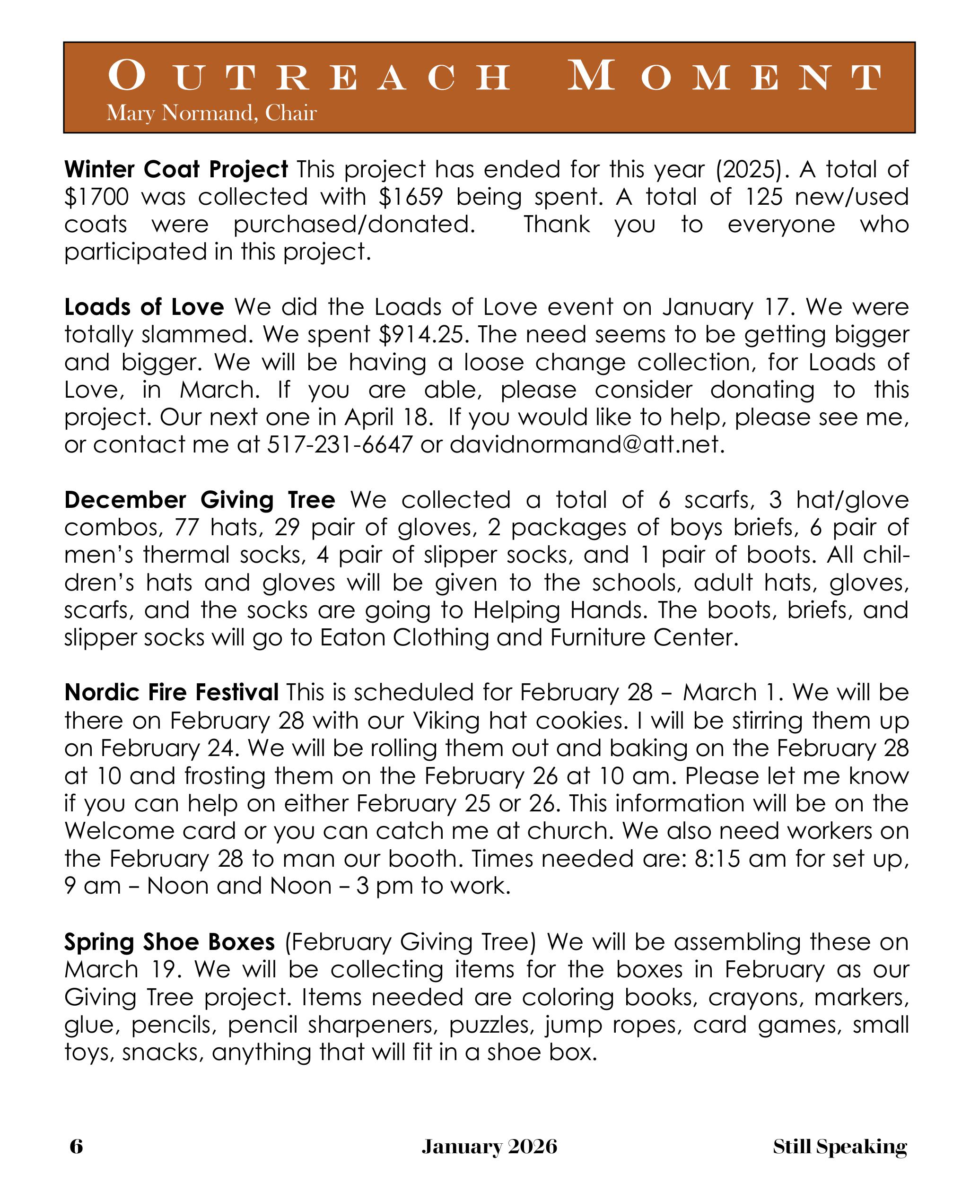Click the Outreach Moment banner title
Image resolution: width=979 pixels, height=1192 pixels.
[495, 76]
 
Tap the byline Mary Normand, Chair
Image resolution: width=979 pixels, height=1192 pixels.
[211, 113]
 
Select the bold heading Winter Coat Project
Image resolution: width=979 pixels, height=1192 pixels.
[176, 169]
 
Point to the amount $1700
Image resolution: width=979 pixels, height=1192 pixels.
[96, 197]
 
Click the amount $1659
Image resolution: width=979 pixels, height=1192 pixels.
[411, 197]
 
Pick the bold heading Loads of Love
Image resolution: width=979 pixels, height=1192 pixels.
[144, 307]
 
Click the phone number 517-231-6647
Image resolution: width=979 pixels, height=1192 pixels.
[340, 445]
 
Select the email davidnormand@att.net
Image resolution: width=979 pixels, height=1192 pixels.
[586, 445]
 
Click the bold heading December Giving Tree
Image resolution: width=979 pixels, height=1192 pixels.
[200, 500]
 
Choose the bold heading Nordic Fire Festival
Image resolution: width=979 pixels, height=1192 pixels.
[171, 692]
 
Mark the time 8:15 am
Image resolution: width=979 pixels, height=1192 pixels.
[741, 858]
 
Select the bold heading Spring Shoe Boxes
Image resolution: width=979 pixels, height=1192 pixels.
[169, 942]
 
